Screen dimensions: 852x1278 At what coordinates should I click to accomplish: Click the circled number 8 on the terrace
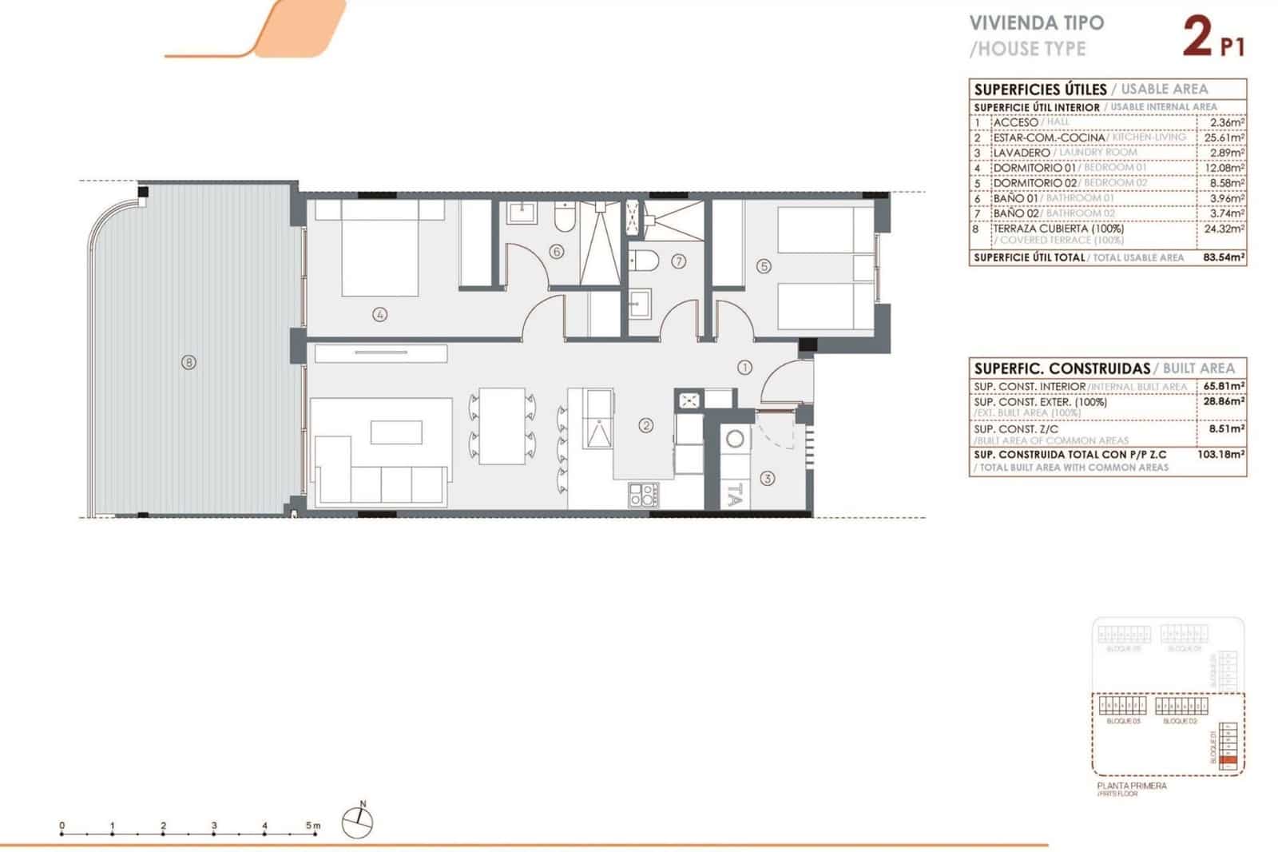189,362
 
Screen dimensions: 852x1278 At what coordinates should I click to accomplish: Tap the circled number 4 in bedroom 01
379,315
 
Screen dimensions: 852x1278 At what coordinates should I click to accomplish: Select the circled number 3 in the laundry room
767,478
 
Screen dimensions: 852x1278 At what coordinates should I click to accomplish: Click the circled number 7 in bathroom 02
679,261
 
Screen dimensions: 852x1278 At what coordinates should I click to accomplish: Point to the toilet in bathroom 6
564,217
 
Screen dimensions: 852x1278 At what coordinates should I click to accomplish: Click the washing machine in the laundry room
735,439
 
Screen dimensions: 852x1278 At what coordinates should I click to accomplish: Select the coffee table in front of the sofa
396,432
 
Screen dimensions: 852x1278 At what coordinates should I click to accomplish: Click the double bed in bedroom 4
379,248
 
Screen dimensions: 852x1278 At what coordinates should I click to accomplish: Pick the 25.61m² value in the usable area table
1224,137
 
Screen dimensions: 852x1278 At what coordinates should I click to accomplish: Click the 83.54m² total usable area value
1224,257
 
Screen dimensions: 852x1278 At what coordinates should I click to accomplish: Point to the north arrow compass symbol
359,822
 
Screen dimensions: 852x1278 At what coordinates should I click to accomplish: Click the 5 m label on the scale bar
312,826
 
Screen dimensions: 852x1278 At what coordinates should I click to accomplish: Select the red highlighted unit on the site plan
1231,760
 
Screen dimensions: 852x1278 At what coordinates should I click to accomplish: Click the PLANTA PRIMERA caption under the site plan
1132,786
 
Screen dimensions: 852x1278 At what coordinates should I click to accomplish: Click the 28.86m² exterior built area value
1224,402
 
